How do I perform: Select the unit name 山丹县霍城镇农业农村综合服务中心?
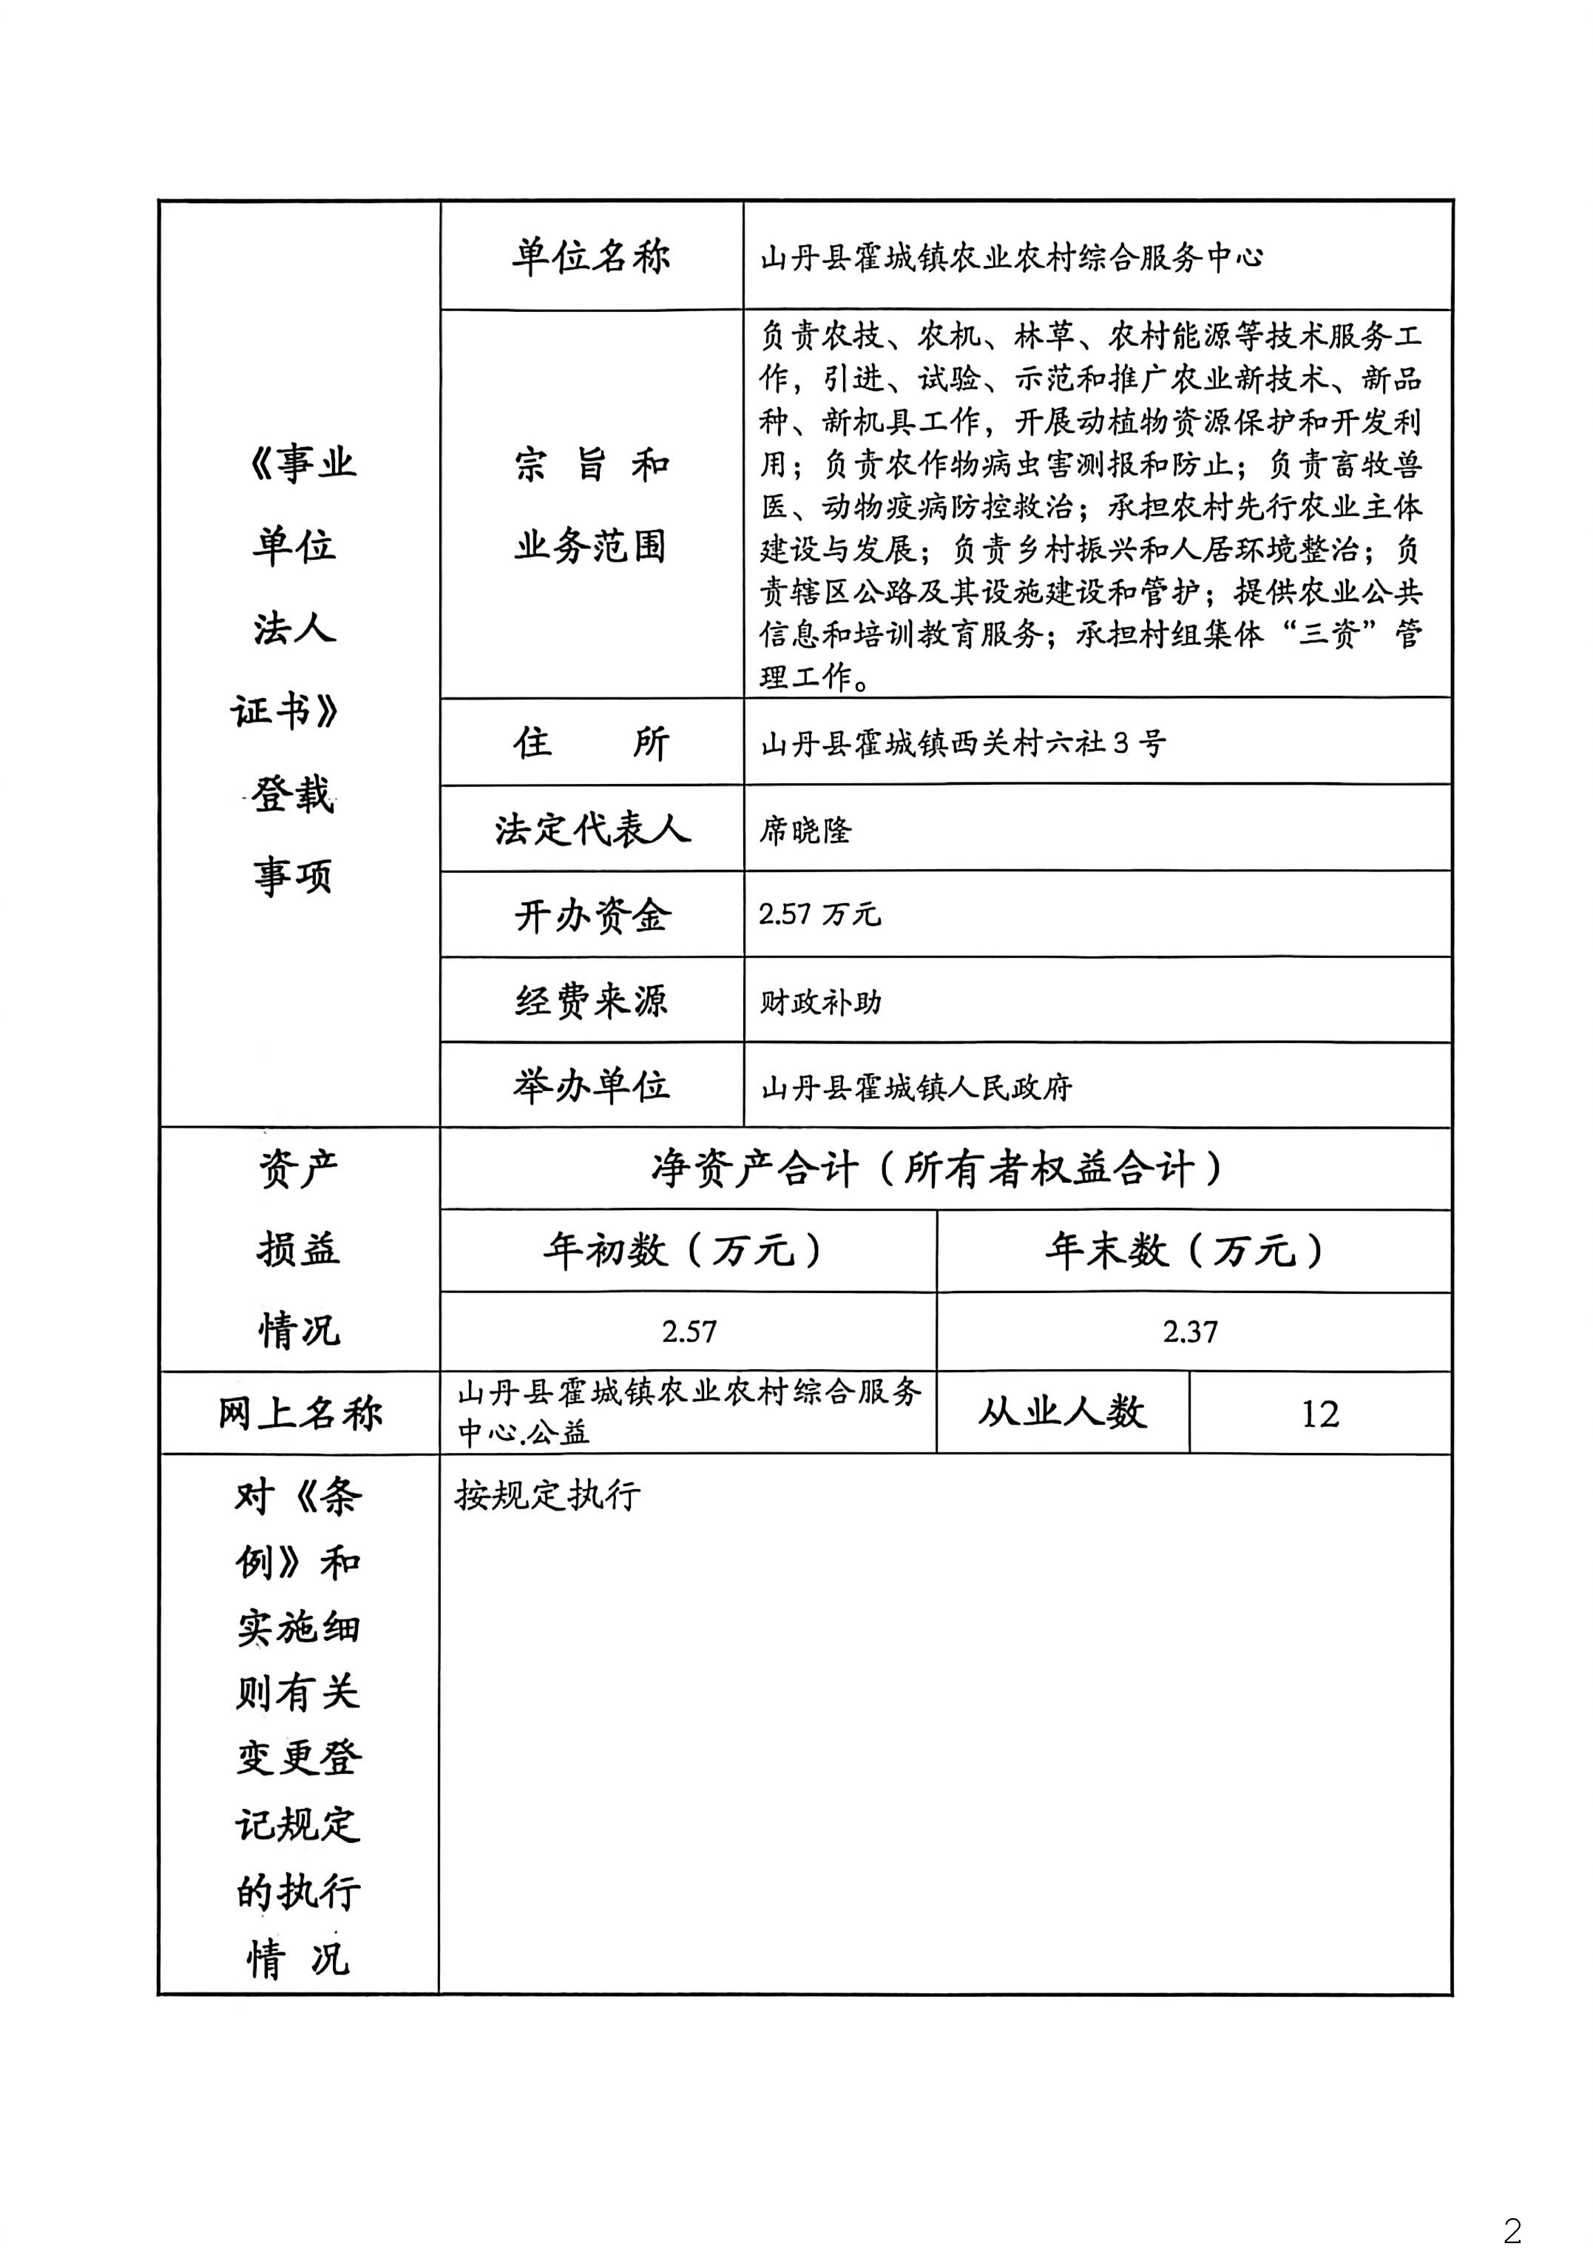(x=1012, y=258)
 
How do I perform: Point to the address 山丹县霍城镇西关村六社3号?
(x=963, y=743)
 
